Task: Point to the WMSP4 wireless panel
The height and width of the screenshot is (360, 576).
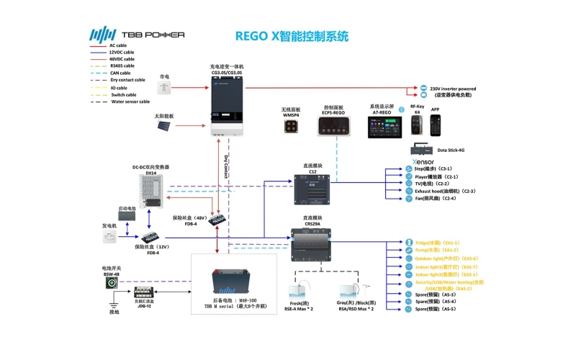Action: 292,125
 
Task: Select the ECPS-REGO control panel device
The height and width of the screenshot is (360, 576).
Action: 336,126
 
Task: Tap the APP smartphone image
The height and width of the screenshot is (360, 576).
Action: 436,125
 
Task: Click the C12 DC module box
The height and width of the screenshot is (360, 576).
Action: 312,192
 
